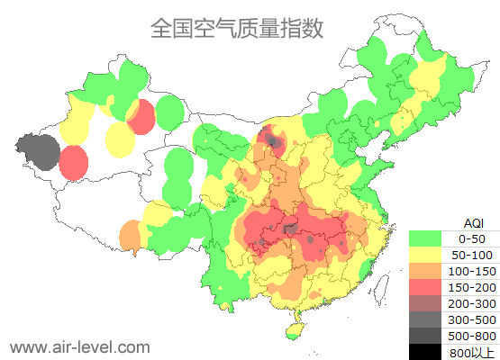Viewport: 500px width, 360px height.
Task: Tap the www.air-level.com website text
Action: pos(79,346)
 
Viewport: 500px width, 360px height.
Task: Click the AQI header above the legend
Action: pos(473,221)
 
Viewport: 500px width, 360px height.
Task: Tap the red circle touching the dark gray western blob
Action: pos(74,163)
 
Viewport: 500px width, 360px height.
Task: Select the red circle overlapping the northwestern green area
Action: pos(141,117)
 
